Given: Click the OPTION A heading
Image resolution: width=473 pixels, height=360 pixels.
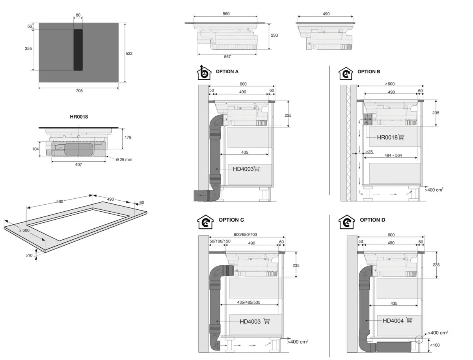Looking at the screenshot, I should coord(227,72).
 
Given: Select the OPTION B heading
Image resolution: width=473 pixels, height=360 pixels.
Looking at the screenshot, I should coord(369,72).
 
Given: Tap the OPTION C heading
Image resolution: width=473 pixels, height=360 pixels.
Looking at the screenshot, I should coord(231,220).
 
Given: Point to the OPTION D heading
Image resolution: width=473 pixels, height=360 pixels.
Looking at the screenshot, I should coord(372,220).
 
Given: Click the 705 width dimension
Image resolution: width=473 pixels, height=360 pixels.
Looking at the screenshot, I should coord(79,91).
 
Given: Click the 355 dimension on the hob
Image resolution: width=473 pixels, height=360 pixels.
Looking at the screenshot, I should coord(28,48).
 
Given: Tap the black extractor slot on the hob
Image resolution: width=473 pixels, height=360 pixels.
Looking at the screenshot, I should coord(78,50).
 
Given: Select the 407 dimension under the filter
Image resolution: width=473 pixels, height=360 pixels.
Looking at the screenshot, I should coord(78,164).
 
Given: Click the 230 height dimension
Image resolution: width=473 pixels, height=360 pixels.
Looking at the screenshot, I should coord(274,35).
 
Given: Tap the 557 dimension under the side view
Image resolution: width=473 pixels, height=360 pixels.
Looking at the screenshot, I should coord(227,57).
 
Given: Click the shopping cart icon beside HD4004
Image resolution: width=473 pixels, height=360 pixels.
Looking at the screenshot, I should coord(409,320).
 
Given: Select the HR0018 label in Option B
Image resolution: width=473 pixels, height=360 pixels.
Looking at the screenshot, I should coord(387,137).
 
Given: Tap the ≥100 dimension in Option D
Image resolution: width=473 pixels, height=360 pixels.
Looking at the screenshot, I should coord(435,345).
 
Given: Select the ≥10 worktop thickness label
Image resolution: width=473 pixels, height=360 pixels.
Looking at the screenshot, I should coord(29,256).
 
